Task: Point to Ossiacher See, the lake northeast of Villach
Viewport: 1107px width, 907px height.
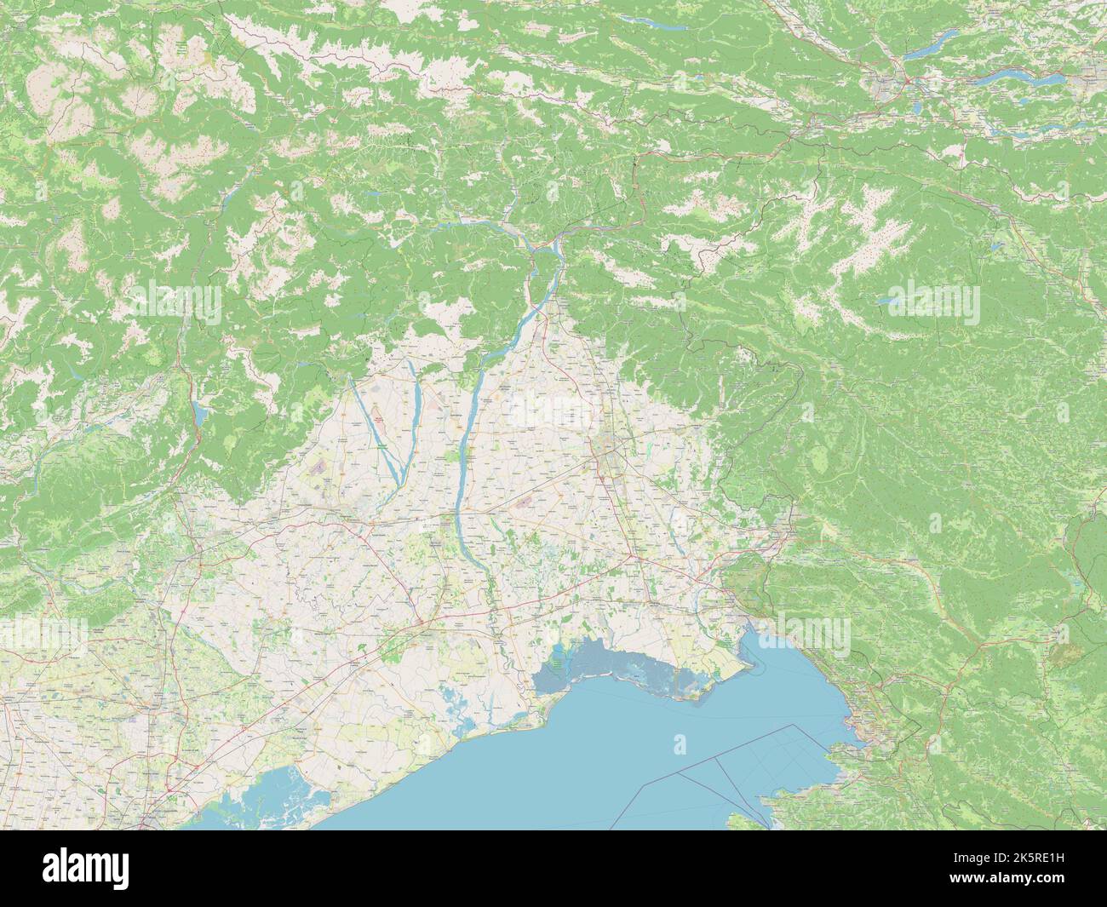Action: pyautogui.click(x=932, y=42)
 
